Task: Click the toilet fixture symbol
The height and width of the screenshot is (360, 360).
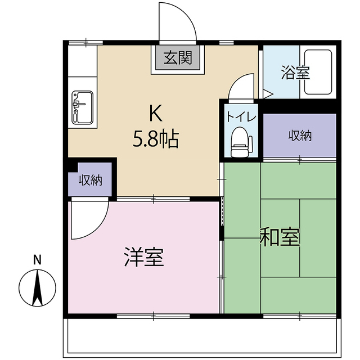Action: (x=240, y=142)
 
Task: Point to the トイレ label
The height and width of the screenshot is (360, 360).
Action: (x=241, y=116)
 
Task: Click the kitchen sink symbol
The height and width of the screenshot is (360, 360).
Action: (x=83, y=106)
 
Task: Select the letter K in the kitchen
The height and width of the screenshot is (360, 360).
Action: (x=155, y=114)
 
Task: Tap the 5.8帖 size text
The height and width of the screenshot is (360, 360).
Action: (x=155, y=138)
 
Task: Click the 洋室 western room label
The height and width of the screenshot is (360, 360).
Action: (x=143, y=258)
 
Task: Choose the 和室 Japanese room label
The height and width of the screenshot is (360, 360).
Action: (x=280, y=238)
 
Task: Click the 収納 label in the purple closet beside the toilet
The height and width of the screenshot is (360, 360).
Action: (x=300, y=136)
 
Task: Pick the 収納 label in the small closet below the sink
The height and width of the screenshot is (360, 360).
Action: (x=90, y=181)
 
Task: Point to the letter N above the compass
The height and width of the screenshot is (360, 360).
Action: (x=37, y=260)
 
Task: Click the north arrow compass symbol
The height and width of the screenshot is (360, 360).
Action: (x=37, y=287)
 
